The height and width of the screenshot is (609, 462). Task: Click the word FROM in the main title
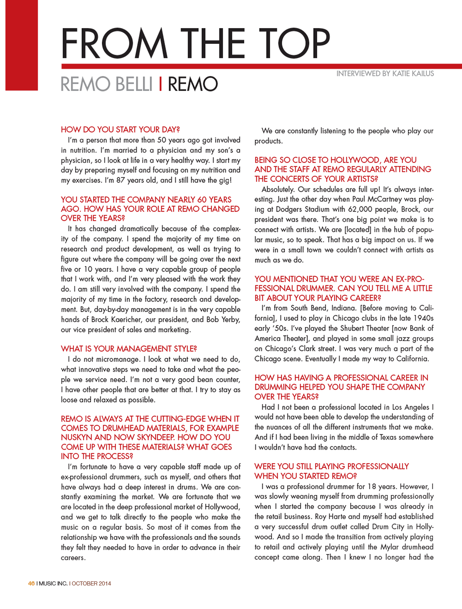click(x=114, y=44)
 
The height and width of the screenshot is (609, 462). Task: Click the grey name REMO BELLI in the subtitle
click(x=106, y=84)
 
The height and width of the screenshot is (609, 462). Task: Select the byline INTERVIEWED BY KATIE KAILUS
click(x=385, y=74)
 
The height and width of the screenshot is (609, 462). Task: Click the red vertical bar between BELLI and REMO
click(x=160, y=84)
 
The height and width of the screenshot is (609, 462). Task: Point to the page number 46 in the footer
click(x=31, y=584)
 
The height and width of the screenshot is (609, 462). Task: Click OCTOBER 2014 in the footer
click(x=91, y=584)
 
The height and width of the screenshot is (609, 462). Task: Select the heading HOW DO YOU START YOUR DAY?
click(x=120, y=130)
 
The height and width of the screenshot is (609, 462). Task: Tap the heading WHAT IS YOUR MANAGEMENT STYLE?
click(x=129, y=349)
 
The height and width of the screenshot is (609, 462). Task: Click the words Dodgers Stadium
click(x=303, y=210)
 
